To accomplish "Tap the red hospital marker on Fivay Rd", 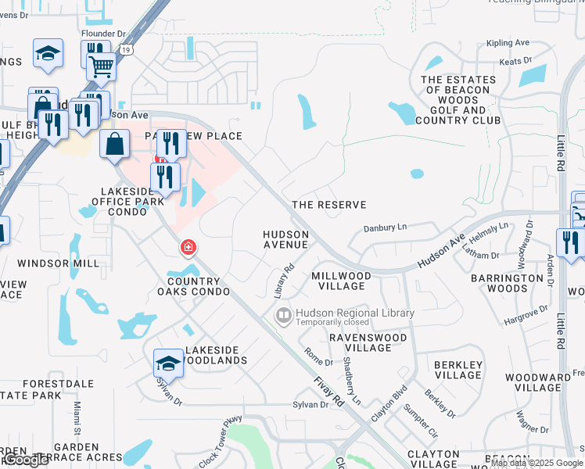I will [188, 249].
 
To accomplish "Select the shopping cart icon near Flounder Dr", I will [102, 67].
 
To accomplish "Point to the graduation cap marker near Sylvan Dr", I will [168, 363].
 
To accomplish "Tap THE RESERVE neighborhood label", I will [328, 205].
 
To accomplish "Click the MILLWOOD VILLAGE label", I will [341, 281].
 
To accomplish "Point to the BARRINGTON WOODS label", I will [507, 283].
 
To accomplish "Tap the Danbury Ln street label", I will [386, 227].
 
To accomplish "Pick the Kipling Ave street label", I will [508, 43].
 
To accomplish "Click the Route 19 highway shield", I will [127, 49].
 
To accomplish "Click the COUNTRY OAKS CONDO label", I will [199, 286].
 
